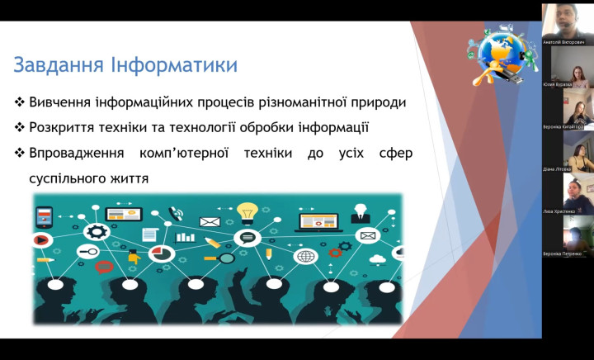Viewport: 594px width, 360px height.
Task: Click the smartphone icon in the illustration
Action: pyautogui.click(x=44, y=217)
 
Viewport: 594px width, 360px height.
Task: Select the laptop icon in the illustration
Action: pyautogui.click(x=318, y=221)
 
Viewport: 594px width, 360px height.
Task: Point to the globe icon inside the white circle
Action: pyautogui.click(x=305, y=257)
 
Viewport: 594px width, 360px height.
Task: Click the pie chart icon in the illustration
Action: pyautogui.click(x=162, y=253)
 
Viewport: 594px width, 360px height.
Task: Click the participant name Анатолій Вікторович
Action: pyautogui.click(x=563, y=41)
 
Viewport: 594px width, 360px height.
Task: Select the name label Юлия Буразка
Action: pyautogui.click(x=563, y=84)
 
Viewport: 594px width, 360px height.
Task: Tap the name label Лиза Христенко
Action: pyautogui.click(x=563, y=211)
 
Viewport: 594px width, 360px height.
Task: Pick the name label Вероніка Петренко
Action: pyautogui.click(x=563, y=254)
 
